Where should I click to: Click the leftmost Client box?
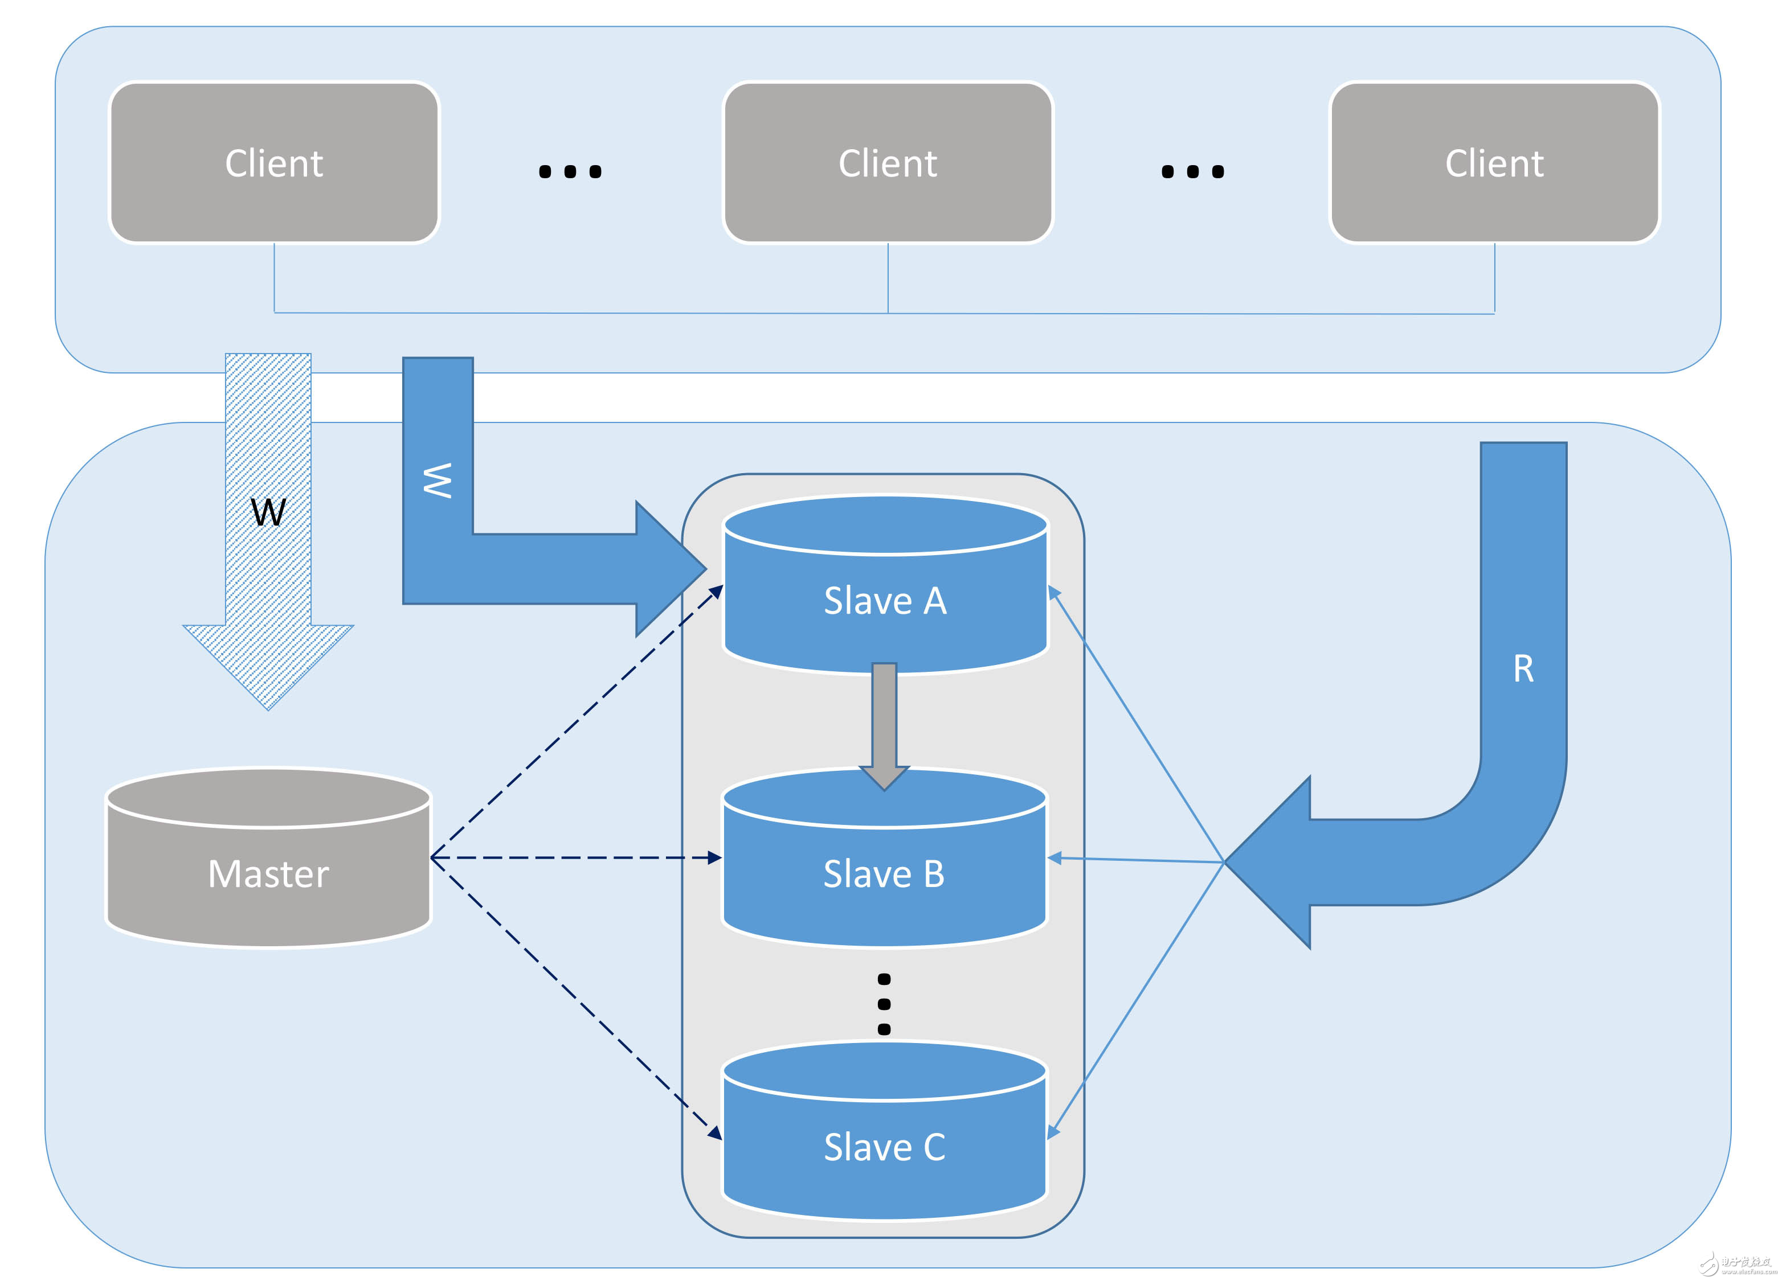273,163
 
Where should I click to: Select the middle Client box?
887,163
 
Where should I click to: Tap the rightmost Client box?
1494,163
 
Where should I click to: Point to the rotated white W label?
438,480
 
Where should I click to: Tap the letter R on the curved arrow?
1523,669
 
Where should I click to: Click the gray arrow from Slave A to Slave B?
884,722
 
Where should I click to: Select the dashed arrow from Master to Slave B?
574,857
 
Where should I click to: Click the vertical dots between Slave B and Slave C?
884,1003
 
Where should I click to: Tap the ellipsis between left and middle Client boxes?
570,171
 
